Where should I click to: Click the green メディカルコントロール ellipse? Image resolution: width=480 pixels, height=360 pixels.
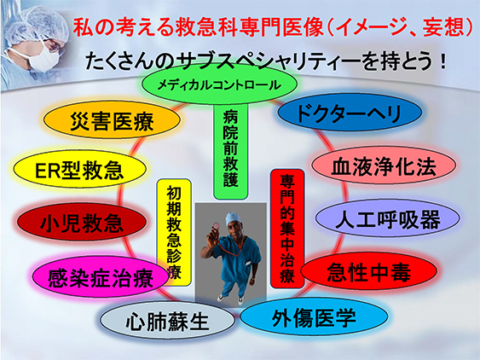pyautogui.click(x=219, y=84)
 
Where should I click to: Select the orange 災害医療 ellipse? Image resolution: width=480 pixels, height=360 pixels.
pyautogui.click(x=112, y=121)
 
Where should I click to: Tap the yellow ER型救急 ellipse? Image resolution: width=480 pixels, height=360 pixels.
pyautogui.click(x=80, y=169)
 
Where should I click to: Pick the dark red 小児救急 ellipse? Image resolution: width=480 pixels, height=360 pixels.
pyautogui.click(x=82, y=222)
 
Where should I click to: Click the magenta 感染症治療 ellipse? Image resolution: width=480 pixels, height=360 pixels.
pyautogui.click(x=101, y=276)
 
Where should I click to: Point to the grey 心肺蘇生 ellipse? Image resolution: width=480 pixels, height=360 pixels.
pyautogui.click(x=167, y=321)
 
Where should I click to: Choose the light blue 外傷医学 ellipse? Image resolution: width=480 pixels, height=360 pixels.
pyautogui.click(x=314, y=316)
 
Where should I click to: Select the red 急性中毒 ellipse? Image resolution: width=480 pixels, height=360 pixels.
pyautogui.click(x=369, y=271)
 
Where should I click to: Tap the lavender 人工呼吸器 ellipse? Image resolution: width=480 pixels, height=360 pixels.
pyautogui.click(x=388, y=218)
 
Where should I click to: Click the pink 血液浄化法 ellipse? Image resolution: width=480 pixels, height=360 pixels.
pyautogui.click(x=384, y=165)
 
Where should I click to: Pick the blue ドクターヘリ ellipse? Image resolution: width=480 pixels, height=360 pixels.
pyautogui.click(x=350, y=113)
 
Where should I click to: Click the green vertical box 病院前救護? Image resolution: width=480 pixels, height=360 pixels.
pyautogui.click(x=230, y=150)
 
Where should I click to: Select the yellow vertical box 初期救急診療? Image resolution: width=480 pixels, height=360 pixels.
pyautogui.click(x=174, y=233)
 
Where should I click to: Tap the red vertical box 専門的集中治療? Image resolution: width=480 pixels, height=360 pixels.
pyautogui.click(x=287, y=229)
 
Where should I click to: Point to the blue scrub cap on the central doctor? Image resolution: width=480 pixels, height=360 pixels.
pyautogui.click(x=233, y=219)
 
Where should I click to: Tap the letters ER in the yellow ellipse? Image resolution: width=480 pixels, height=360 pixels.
pyautogui.click(x=48, y=171)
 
